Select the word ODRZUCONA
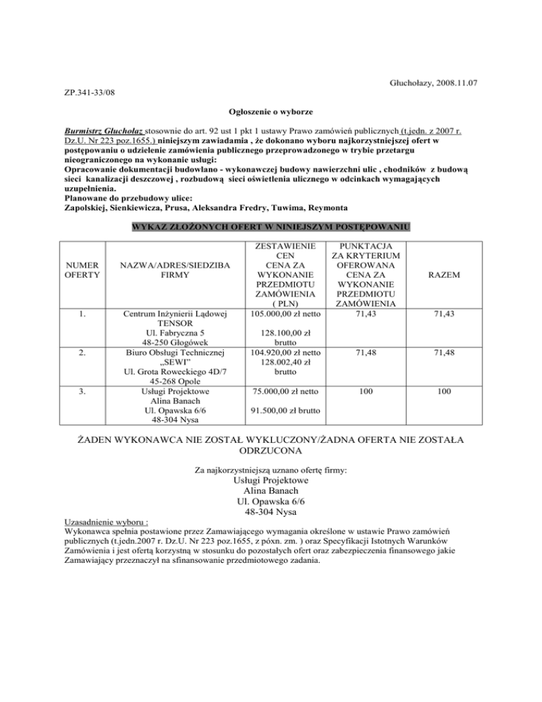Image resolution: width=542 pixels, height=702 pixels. pyautogui.click(x=271, y=449)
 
